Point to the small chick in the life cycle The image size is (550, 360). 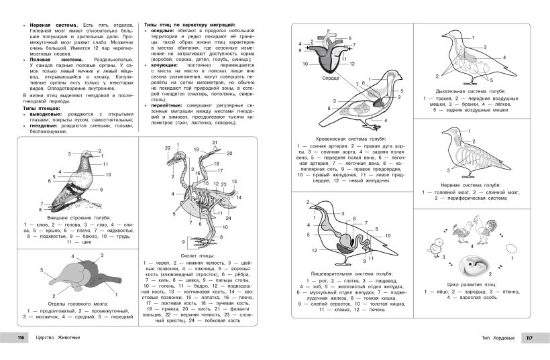[x=439, y=246]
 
